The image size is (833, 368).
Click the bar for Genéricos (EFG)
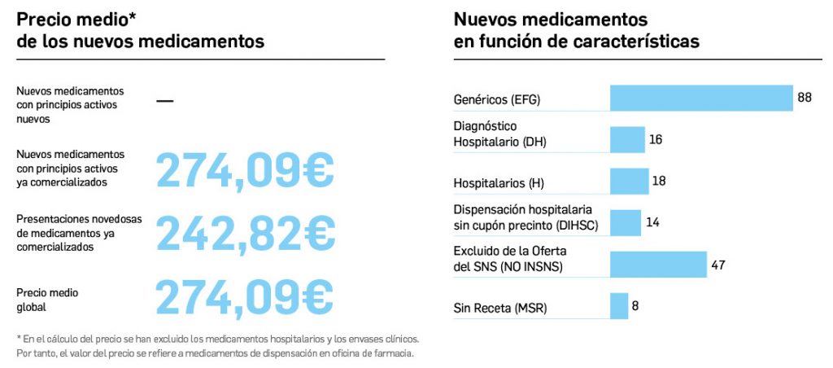pos(701,98)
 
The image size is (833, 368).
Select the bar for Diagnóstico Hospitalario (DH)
pos(627,139)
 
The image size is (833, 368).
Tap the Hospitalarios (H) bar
pos(630,181)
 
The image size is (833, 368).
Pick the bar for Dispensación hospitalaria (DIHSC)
pos(626,221)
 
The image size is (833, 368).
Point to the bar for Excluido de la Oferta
pos(658,264)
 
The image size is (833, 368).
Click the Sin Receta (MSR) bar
pos(619,306)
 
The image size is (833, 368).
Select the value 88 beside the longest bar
pos(805,98)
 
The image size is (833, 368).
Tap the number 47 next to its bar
pos(717,265)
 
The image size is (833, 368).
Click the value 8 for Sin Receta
pos(635,306)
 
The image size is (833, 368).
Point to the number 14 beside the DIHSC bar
pos(652,221)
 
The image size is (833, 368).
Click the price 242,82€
pos(245,234)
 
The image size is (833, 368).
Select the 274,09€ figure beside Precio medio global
pos(244,297)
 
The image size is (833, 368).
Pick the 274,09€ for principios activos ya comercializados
pos(244,170)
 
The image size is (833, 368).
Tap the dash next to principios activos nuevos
pos(164,101)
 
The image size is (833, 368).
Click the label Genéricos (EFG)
pos(496,101)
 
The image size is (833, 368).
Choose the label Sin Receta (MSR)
pos(499,309)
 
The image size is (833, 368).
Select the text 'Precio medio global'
pos(48,300)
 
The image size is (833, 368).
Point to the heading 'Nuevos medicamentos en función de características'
pos(576,30)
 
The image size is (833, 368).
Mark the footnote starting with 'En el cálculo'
pos(218,345)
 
